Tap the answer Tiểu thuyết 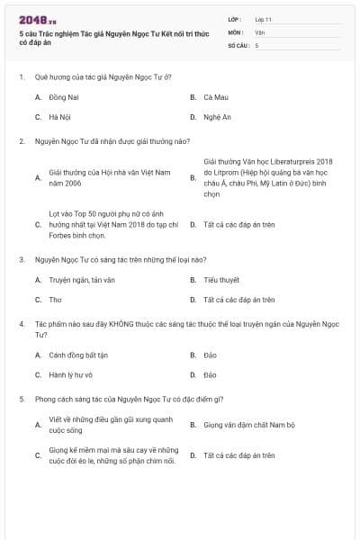click(220, 280)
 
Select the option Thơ click(55, 300)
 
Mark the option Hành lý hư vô click(70, 374)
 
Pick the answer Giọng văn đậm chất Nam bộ click(248, 424)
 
